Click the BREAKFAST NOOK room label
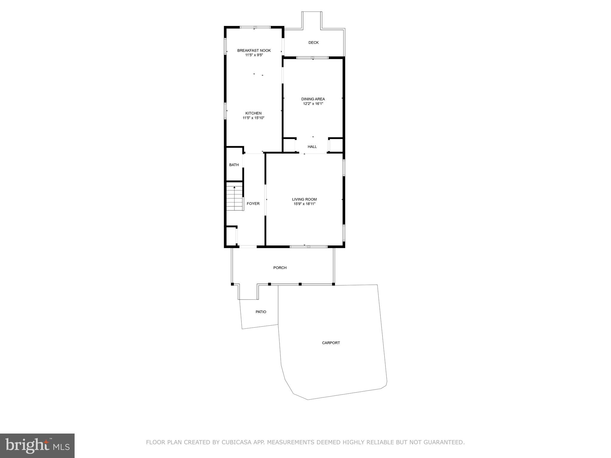click(x=254, y=50)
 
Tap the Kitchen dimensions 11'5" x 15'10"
click(x=253, y=118)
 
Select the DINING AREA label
click(x=313, y=99)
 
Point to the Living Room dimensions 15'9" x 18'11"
click(x=304, y=204)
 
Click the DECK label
click(x=313, y=43)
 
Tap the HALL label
click(x=312, y=147)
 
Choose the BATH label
click(x=234, y=165)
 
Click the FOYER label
click(x=253, y=204)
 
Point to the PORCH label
click(x=280, y=268)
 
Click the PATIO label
click(x=261, y=312)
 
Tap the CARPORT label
click(x=331, y=343)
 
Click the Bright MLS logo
click(x=37, y=445)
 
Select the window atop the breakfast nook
click(x=255, y=27)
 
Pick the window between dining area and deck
click(x=312, y=58)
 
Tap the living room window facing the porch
click(x=308, y=247)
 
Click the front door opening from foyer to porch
click(x=248, y=247)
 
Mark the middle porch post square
click(x=300, y=284)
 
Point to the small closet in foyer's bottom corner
click(x=231, y=236)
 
